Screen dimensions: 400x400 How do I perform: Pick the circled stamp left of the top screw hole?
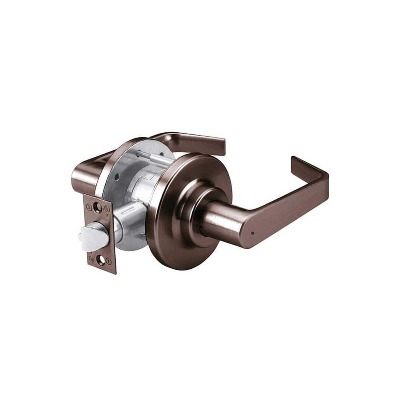click(89, 207)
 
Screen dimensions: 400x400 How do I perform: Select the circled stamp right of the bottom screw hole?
click(109, 261)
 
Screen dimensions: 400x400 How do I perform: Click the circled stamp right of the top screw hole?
click(107, 209)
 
